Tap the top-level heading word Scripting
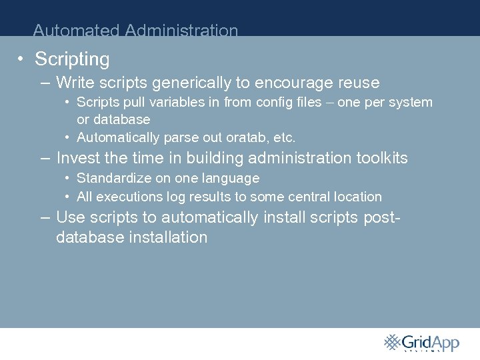point(72,59)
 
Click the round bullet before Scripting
point(22,59)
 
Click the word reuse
point(359,83)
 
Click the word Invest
point(77,158)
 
